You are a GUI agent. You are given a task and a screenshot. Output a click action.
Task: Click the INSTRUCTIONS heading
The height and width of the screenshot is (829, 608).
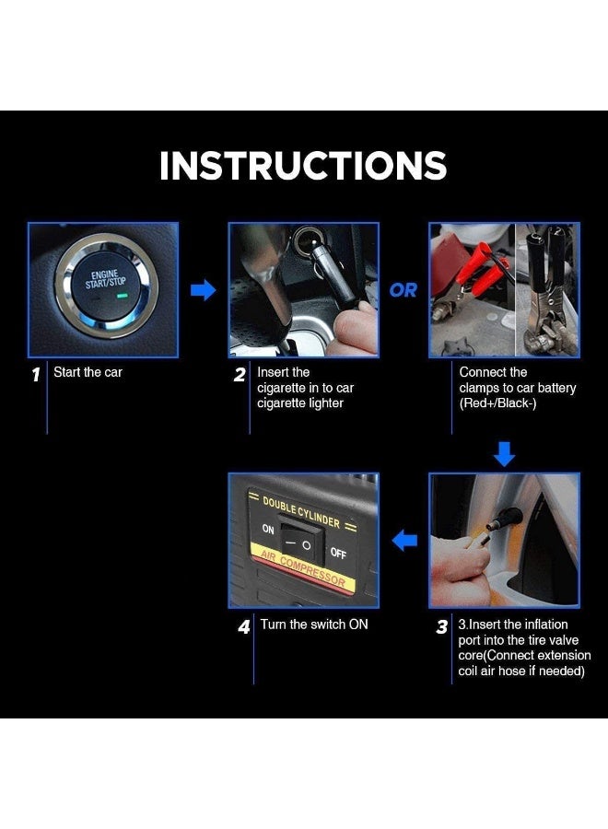[303, 166]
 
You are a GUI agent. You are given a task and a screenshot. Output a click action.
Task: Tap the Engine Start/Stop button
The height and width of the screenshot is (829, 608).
[106, 286]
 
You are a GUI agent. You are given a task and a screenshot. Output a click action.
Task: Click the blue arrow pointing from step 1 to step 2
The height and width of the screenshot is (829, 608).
[203, 290]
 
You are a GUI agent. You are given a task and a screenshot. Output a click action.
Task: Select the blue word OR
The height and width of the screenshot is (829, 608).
[403, 290]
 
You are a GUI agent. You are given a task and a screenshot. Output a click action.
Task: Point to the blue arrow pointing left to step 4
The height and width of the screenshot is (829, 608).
[404, 541]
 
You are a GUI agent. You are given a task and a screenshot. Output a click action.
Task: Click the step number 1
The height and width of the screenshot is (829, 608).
[36, 375]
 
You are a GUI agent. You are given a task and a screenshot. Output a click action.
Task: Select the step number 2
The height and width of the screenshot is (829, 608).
[240, 375]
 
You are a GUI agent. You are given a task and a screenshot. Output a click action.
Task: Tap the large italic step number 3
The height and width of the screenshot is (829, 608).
[442, 627]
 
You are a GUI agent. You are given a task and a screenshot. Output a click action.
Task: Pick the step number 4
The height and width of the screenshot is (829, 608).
[244, 627]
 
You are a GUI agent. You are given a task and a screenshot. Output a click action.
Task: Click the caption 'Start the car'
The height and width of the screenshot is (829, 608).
[88, 372]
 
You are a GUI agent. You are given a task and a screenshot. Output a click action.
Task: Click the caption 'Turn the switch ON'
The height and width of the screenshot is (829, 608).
[314, 625]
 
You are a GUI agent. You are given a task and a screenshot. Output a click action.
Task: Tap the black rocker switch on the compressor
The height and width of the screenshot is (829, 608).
[302, 539]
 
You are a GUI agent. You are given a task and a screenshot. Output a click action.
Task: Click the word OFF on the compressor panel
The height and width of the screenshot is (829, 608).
[338, 553]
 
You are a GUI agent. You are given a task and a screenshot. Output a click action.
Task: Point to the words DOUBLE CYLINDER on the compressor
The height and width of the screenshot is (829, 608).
[301, 512]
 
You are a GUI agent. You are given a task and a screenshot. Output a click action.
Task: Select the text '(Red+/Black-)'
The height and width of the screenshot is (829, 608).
[497, 403]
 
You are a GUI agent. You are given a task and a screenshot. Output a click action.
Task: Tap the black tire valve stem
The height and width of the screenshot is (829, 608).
[505, 518]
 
